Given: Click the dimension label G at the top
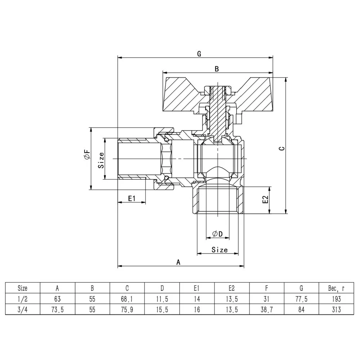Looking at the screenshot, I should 199,54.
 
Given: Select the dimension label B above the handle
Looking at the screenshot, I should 217,69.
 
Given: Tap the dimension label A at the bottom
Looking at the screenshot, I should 178,262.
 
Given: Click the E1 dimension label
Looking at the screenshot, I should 131,198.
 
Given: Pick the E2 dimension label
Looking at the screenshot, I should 265,200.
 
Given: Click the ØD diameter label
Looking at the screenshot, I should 218,234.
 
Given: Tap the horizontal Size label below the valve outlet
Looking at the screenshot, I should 220,249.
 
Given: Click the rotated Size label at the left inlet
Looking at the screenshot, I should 101,160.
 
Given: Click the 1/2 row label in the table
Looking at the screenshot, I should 22,298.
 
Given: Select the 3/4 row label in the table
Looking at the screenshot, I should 22,309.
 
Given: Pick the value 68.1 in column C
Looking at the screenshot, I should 127,298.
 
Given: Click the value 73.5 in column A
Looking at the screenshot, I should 57,309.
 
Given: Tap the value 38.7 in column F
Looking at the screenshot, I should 267,309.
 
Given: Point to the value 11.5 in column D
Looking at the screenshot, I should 162,298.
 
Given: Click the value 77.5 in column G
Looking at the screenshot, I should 302,298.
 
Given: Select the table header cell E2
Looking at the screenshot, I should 231,288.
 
